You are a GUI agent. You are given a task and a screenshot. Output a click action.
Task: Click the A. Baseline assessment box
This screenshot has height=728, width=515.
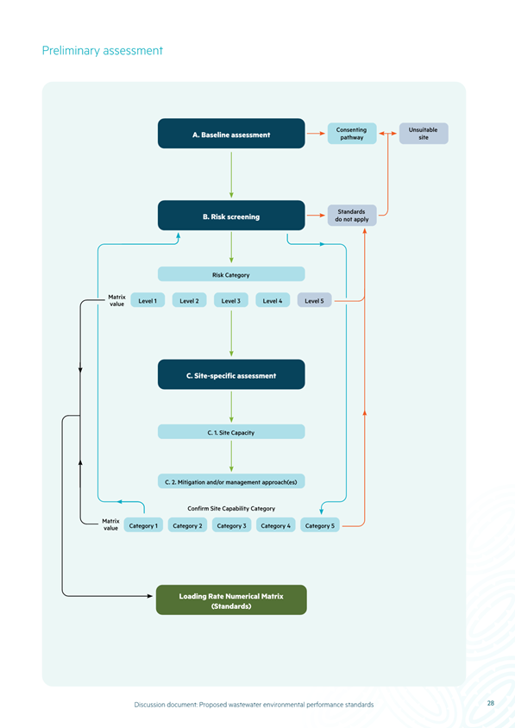pos(231,134)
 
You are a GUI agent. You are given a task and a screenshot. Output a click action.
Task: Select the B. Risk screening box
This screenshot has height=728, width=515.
pos(231,216)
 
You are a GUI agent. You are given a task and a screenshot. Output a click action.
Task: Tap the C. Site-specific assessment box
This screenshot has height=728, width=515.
pos(231,374)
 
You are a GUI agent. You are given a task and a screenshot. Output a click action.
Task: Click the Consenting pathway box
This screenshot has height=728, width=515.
pos(352,133)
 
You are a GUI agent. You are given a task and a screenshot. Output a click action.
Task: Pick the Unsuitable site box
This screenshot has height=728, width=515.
pos(424,133)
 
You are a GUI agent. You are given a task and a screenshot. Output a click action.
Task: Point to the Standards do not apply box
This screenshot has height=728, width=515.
pos(352,216)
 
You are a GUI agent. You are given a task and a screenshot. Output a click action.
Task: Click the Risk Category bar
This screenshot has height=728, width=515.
pos(231,274)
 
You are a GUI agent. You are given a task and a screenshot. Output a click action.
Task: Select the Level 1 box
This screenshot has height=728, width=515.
pos(148,300)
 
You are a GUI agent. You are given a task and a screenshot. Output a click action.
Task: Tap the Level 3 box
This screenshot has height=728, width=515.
pos(231,300)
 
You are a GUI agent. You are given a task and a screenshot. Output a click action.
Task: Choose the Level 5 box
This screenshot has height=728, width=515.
pos(314,300)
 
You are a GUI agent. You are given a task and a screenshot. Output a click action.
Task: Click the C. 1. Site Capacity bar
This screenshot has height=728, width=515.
pos(231,432)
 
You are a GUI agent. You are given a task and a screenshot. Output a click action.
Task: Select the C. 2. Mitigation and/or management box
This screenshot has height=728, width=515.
pos(231,481)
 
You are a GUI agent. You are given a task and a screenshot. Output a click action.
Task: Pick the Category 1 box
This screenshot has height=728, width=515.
pos(143,525)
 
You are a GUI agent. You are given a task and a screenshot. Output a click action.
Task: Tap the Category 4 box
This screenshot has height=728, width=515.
pos(275,525)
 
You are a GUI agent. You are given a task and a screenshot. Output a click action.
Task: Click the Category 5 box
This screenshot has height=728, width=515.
pos(320,525)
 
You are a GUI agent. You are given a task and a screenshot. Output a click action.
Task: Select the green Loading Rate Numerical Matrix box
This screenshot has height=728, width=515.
pos(231,599)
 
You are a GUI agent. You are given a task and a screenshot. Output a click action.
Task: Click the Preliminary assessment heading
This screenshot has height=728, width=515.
pos(102,51)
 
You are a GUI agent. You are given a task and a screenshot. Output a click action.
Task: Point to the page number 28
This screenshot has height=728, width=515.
pos(490,703)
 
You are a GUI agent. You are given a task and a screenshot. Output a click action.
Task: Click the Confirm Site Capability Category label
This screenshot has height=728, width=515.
pos(231,508)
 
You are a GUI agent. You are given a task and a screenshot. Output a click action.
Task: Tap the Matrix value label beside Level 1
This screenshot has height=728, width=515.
pos(116,300)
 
